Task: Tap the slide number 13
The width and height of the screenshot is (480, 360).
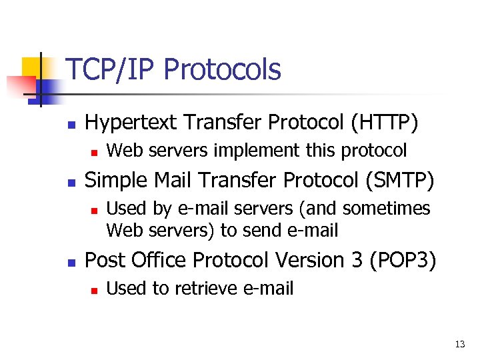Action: (x=459, y=345)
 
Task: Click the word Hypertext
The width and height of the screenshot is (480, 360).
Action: (x=131, y=123)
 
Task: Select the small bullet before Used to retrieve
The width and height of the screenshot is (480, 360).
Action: (x=95, y=290)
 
